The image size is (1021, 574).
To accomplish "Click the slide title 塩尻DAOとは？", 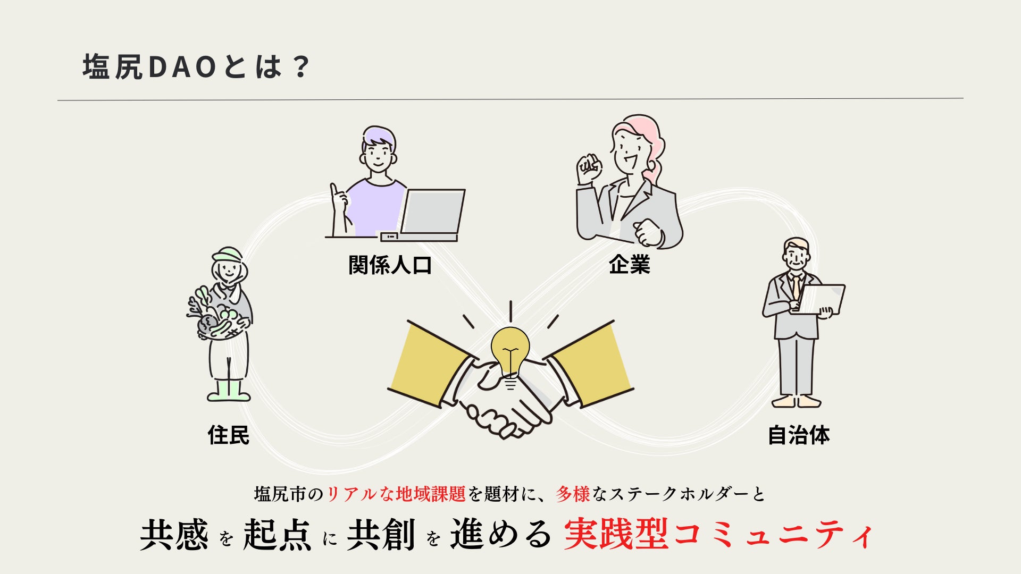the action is pyautogui.click(x=196, y=67).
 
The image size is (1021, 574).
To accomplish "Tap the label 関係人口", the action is pyautogui.click(x=390, y=265).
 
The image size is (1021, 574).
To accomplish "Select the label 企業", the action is pyautogui.click(x=630, y=264).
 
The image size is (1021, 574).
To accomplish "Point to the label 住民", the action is pyautogui.click(x=228, y=435).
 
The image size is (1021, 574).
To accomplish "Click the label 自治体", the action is pyautogui.click(x=799, y=435).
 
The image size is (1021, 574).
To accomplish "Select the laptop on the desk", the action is pyautogui.click(x=432, y=213).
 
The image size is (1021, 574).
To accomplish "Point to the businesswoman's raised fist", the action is pyautogui.click(x=589, y=167).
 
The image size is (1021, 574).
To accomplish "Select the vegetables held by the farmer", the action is pyautogui.click(x=213, y=317).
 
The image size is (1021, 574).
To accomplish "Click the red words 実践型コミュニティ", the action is pyautogui.click(x=718, y=535).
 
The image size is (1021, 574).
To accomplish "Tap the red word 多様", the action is pyautogui.click(x=573, y=494).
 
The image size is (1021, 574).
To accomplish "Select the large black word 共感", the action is pyautogui.click(x=174, y=535).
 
